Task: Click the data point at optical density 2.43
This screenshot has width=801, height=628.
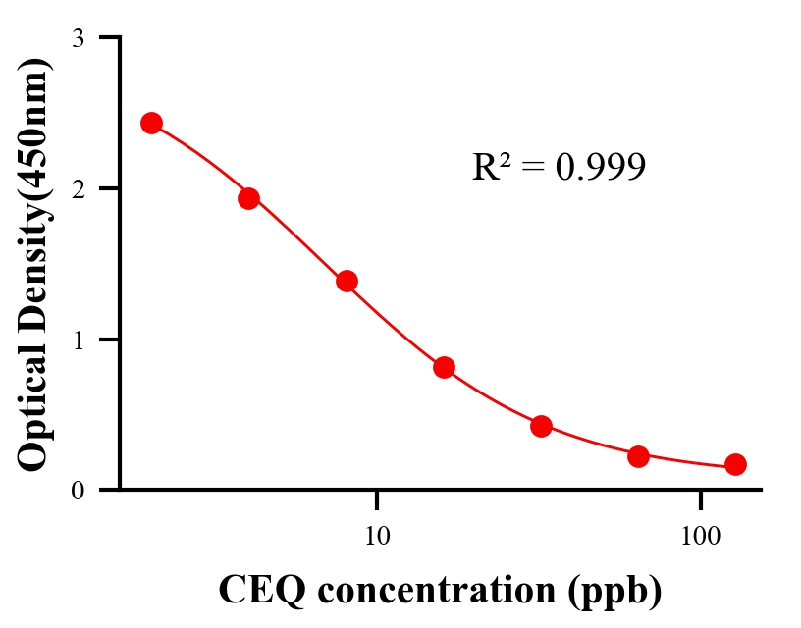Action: [x=151, y=123]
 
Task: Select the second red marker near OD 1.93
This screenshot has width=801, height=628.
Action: [x=248, y=198]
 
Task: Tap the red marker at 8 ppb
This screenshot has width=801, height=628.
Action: [x=347, y=282]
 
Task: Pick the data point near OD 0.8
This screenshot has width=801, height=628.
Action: [x=444, y=367]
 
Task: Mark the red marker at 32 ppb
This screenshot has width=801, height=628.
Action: [x=541, y=426]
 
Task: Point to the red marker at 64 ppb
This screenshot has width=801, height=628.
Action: [x=638, y=456]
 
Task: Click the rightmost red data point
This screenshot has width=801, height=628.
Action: [x=735, y=464]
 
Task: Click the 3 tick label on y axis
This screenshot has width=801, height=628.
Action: [x=79, y=38]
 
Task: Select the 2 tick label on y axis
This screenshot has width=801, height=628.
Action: [x=79, y=188]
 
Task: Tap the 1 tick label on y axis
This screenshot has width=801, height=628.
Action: [x=79, y=340]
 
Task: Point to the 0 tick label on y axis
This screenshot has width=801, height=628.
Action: [x=79, y=490]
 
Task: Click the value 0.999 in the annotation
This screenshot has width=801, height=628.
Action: [x=600, y=168]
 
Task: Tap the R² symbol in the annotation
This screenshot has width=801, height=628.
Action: [x=491, y=167]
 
